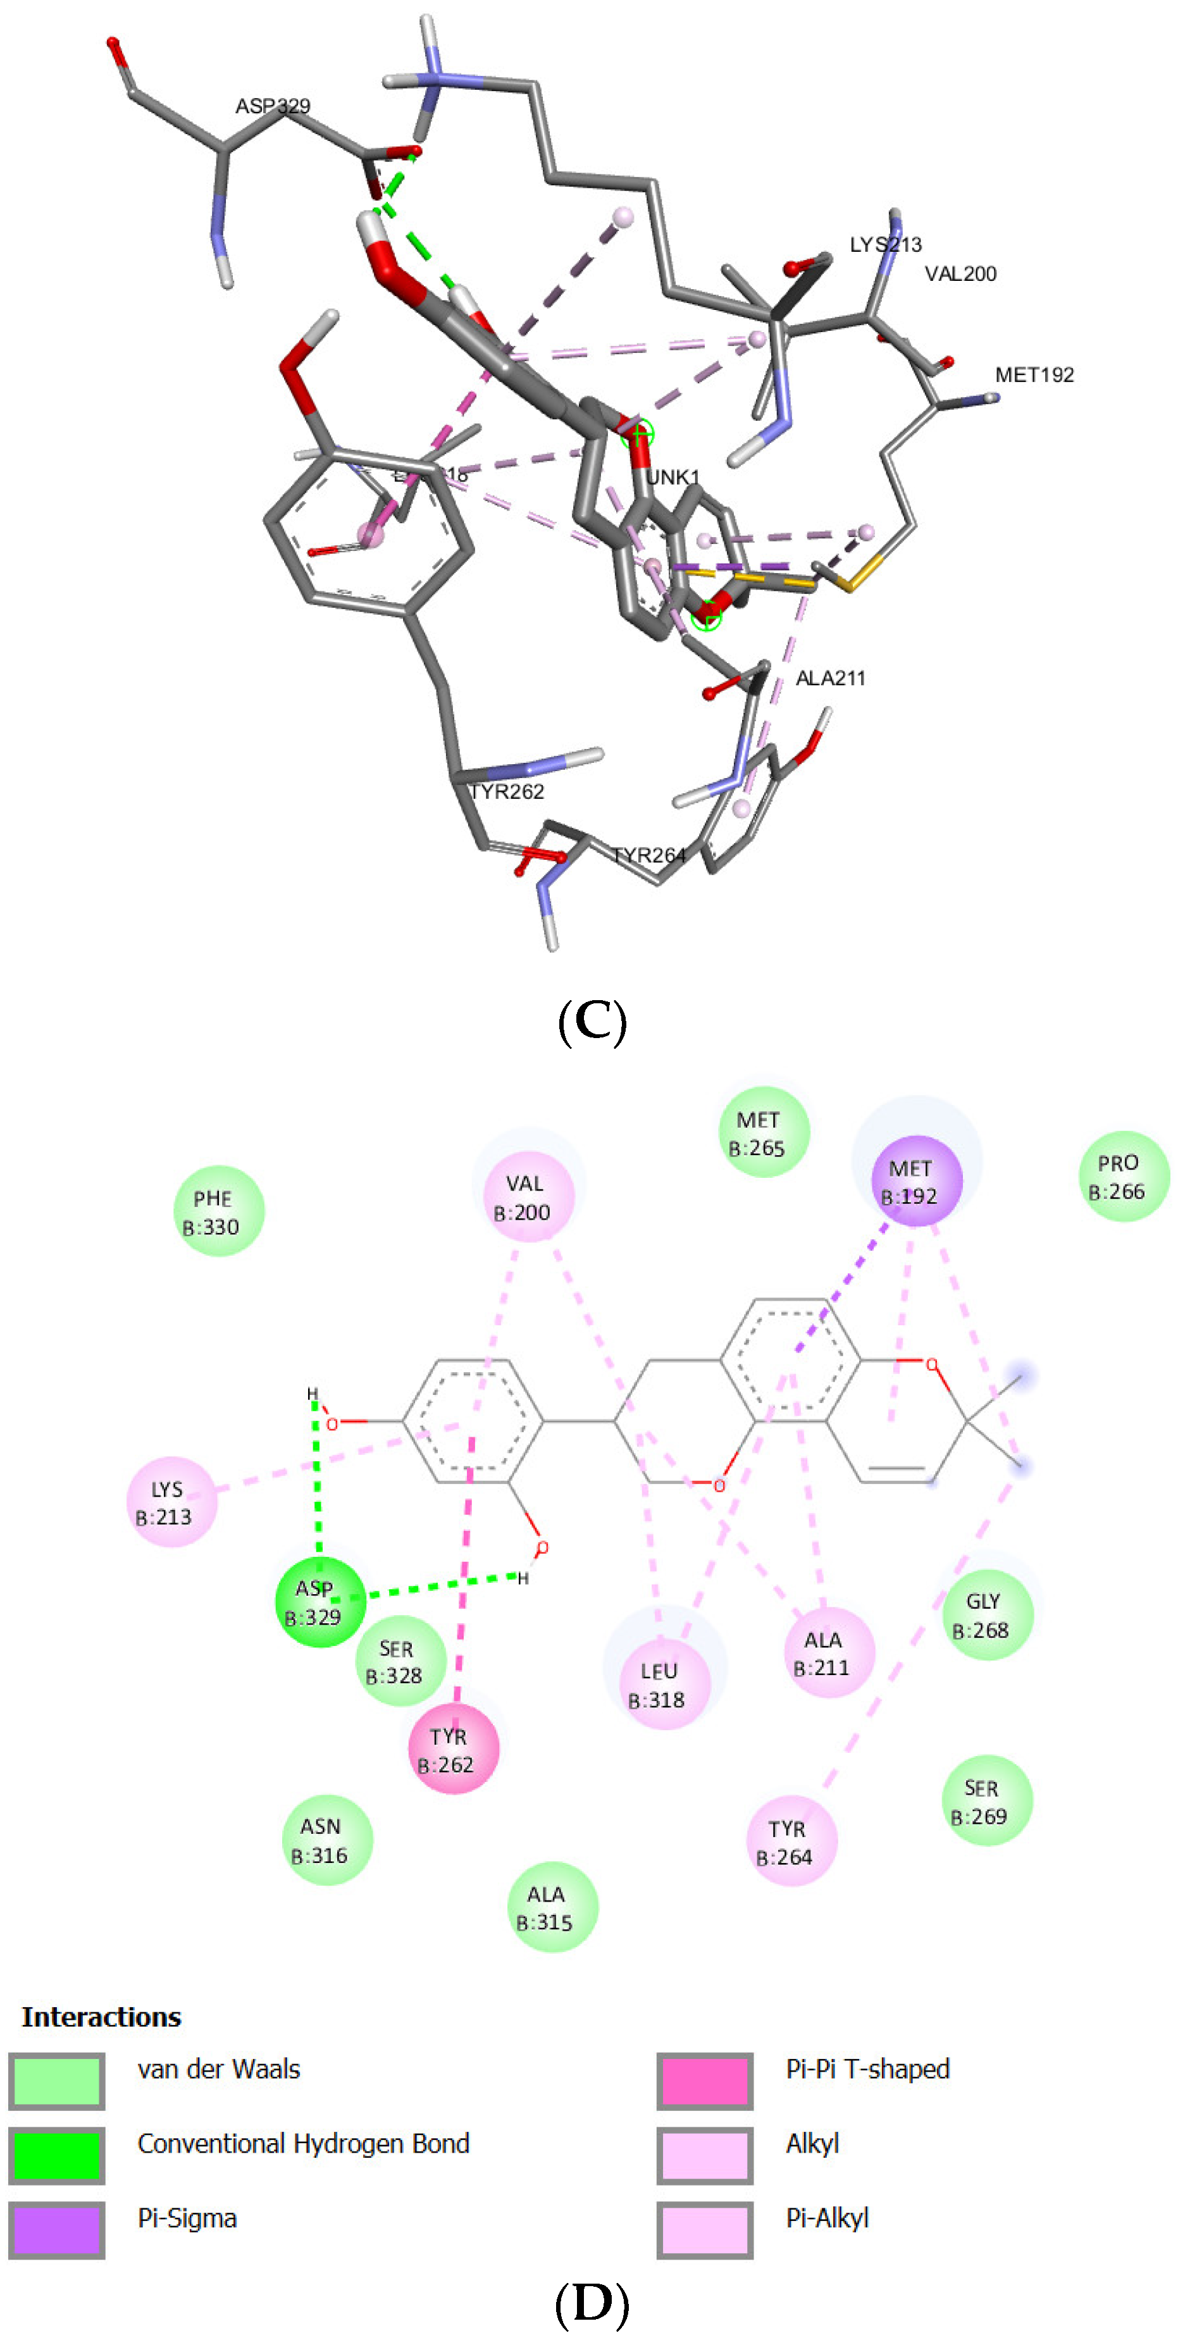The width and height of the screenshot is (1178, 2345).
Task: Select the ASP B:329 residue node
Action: [319, 1602]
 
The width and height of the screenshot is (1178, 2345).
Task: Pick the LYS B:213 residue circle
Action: [171, 1502]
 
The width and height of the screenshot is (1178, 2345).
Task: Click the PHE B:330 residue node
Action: [218, 1211]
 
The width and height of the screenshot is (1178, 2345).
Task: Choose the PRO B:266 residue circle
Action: [1124, 1176]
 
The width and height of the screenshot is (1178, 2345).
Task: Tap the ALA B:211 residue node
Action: [828, 1652]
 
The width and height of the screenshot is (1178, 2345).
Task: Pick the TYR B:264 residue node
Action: [790, 1841]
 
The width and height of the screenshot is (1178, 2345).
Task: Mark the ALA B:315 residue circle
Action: [552, 1907]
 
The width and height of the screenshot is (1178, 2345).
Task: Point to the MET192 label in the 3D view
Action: [1034, 375]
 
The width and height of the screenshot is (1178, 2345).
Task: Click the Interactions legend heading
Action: [101, 2017]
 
